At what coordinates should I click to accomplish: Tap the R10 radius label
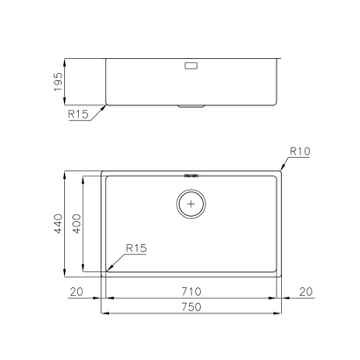[301, 152]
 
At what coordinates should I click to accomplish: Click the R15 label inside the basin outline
[135, 248]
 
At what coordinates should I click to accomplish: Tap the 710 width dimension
[191, 291]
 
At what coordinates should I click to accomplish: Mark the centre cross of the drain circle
[192, 205]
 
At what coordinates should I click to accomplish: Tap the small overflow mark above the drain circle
[192, 176]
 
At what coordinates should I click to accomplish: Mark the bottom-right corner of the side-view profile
[279, 104]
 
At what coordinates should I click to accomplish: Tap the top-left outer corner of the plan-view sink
[102, 170]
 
